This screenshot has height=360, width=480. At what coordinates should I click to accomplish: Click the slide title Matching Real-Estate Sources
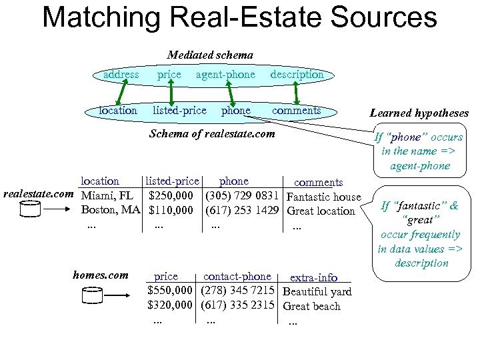pos(239,17)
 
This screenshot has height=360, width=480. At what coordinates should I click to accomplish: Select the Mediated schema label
pos(209,55)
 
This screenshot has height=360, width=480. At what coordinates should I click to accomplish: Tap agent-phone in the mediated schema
pos(225,75)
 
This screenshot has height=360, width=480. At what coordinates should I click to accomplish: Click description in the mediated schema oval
pos(297,75)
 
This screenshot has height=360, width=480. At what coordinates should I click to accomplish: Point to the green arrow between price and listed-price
pos(171,93)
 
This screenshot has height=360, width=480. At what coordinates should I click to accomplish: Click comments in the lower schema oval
pos(297,110)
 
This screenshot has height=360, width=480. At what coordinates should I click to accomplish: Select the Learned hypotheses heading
pos(419,113)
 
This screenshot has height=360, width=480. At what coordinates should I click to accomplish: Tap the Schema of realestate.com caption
pos(212,133)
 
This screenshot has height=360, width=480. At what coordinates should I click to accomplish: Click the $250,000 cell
pos(171,196)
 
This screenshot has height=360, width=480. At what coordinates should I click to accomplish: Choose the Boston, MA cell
pos(111,211)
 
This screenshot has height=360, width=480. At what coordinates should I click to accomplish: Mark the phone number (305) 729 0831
pos(242,196)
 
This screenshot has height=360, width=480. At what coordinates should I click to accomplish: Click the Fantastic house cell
pos(323,197)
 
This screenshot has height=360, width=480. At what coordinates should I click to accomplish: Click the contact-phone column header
pos(237,276)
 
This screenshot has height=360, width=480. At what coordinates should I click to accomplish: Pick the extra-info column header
pos(313,277)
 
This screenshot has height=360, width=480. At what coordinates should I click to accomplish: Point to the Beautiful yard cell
pos(317,292)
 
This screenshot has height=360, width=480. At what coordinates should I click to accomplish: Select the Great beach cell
pos(311,307)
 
